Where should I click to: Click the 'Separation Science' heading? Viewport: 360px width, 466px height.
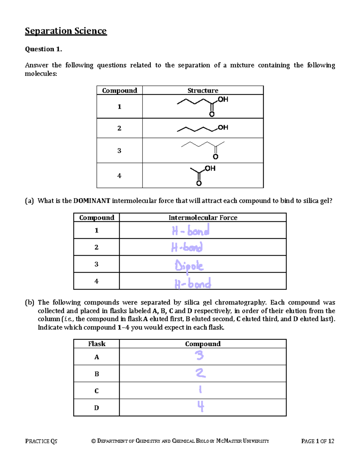(66, 31)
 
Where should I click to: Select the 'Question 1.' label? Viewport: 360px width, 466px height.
(43, 49)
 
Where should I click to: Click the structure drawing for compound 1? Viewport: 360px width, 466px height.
(203, 106)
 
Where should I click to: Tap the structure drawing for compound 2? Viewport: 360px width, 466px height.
(203, 128)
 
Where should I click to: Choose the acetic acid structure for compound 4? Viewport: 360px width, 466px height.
(203, 175)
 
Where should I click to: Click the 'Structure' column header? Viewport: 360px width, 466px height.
(203, 90)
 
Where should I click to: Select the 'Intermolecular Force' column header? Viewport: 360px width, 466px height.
(203, 218)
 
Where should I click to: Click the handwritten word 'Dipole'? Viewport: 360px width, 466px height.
(189, 266)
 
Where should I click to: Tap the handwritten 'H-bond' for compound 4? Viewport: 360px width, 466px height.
(193, 283)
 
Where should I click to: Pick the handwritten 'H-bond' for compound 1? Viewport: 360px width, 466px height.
(190, 230)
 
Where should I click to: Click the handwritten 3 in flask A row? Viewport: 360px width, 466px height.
(199, 356)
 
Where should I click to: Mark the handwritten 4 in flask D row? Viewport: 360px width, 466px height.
(200, 407)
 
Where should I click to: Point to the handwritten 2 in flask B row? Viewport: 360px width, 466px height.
(200, 373)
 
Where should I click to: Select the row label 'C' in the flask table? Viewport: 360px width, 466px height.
(96, 391)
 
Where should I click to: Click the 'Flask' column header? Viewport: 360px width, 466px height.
(97, 344)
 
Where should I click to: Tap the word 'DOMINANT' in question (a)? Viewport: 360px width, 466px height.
(91, 201)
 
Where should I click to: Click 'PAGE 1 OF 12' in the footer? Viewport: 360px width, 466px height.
(317, 441)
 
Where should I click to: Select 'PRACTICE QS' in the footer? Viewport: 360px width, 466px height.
(41, 441)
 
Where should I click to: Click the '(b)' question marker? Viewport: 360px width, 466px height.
(29, 302)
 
